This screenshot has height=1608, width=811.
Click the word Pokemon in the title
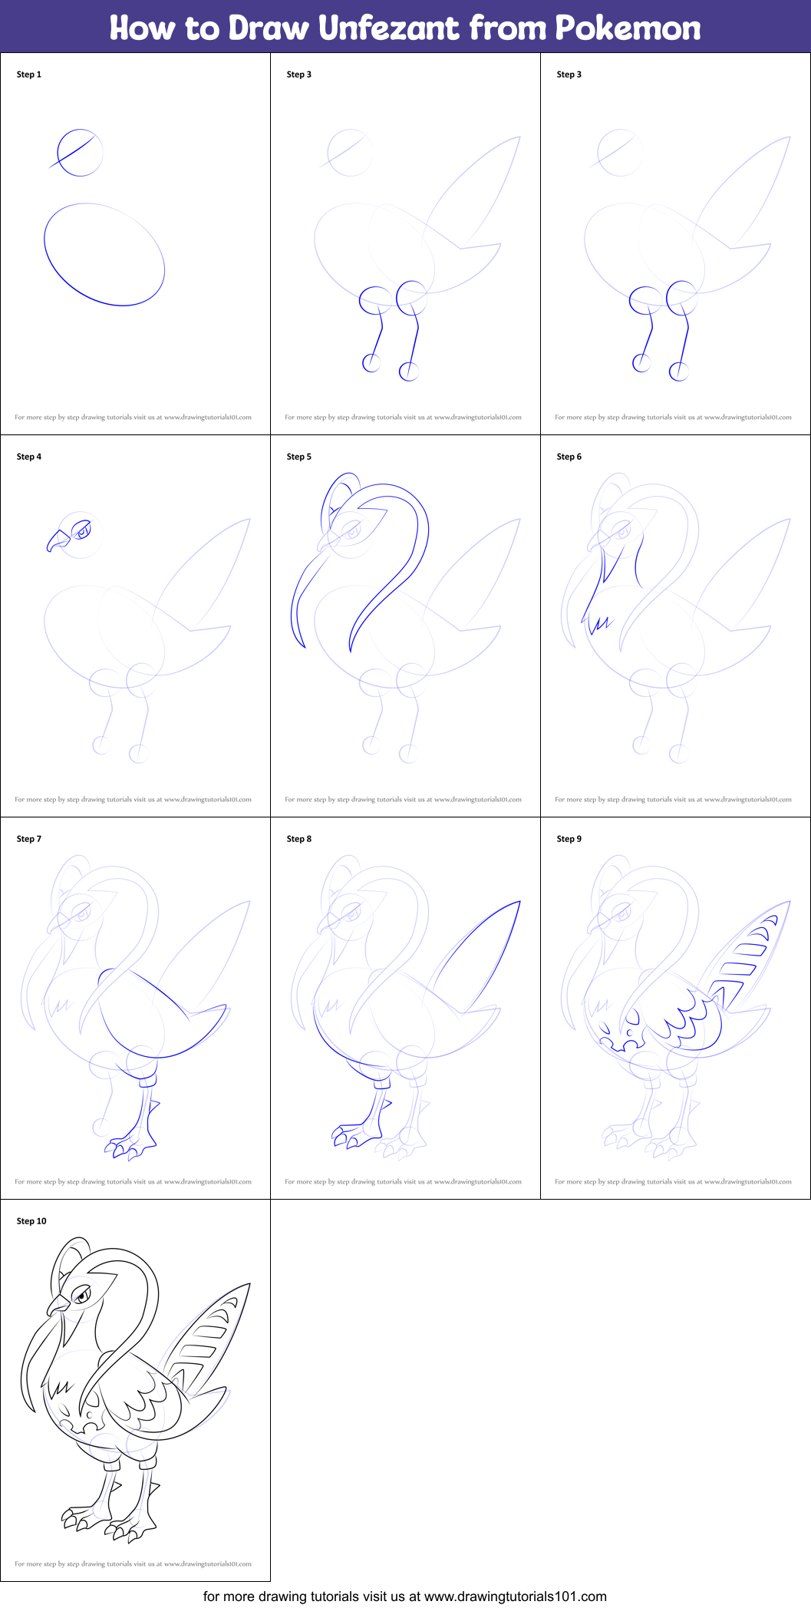coord(628,28)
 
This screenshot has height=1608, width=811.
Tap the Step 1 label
coord(29,74)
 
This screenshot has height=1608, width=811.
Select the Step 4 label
coord(29,457)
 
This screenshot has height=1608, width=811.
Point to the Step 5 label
coord(299,457)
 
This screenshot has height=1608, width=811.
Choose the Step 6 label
coord(569,457)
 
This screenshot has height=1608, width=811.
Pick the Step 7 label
coord(29,839)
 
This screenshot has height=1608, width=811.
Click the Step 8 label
coord(299,839)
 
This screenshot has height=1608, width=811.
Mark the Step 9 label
coord(569,839)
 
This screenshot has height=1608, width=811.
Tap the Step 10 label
coord(31,1221)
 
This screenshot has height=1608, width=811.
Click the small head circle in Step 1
coord(80,153)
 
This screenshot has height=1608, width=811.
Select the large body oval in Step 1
coord(104,254)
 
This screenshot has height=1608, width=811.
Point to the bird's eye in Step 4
coord(81,530)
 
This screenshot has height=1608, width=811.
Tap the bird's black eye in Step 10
coord(82,1296)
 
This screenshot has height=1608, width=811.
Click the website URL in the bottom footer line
coord(515,1596)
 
